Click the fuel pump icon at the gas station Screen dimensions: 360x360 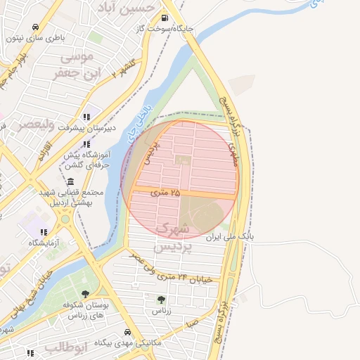[x=165, y=18]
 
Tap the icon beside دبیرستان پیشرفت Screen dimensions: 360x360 [x=86, y=117]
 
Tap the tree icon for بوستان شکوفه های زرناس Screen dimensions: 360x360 [x=86, y=294]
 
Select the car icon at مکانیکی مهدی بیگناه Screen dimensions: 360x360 [x=127, y=332]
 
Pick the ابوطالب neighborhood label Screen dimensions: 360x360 [x=65, y=347]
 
